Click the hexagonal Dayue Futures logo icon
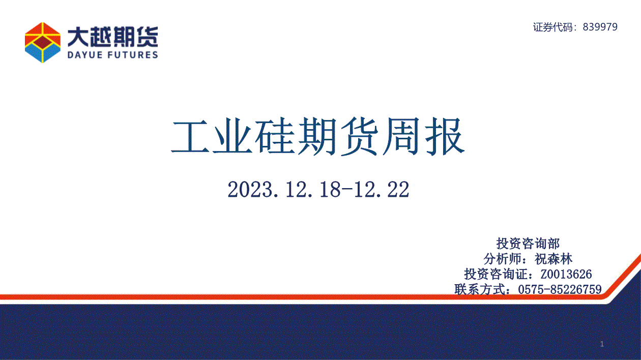click(x=43, y=42)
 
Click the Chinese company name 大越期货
click(x=112, y=37)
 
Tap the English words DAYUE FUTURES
click(x=112, y=55)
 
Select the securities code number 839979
click(x=600, y=27)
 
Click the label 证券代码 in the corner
click(x=553, y=27)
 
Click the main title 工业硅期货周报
click(x=318, y=136)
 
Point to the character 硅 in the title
click(x=275, y=136)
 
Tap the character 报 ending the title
click(x=445, y=136)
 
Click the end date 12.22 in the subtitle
click(x=382, y=189)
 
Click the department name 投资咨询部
click(x=528, y=244)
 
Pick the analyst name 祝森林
click(x=553, y=259)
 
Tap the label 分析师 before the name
click(x=503, y=259)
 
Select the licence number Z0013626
click(x=566, y=274)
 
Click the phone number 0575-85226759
click(x=560, y=289)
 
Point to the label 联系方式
click(x=480, y=289)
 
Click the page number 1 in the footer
click(x=602, y=344)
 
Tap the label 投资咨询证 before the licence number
click(x=496, y=274)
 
